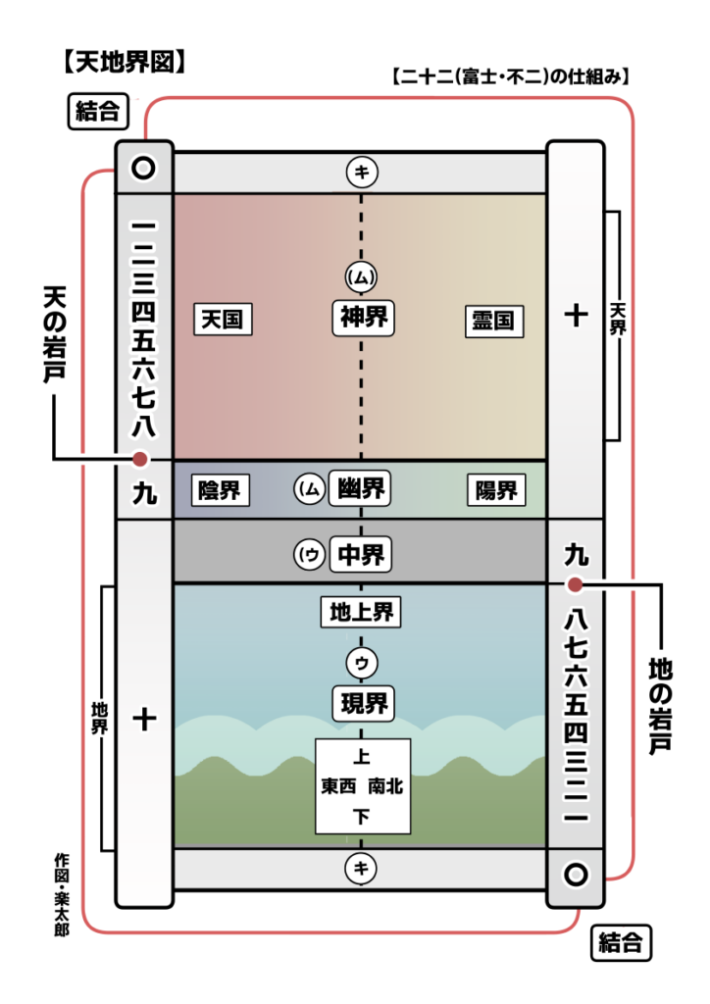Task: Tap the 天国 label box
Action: (x=223, y=319)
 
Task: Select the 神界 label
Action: (x=363, y=318)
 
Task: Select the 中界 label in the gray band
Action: (x=361, y=555)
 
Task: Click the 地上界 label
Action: (x=361, y=613)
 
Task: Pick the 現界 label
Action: (x=362, y=702)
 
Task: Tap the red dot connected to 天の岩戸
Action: (x=141, y=459)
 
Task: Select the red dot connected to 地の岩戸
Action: (x=576, y=585)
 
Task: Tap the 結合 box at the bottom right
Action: (x=622, y=944)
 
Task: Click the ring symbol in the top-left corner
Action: (x=144, y=168)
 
